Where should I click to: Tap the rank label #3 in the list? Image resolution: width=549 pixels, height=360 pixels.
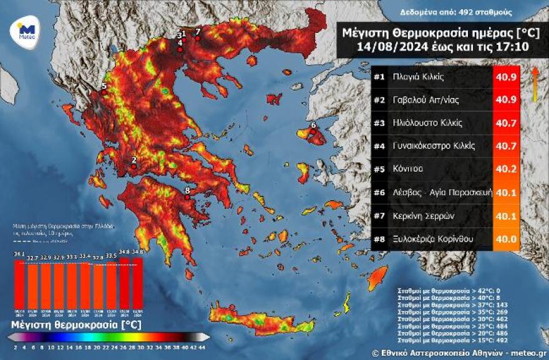coord(379,123)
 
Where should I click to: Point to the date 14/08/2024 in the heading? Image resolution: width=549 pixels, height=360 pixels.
coord(384,46)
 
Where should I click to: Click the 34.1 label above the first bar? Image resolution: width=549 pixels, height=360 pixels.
coord(19,254)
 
